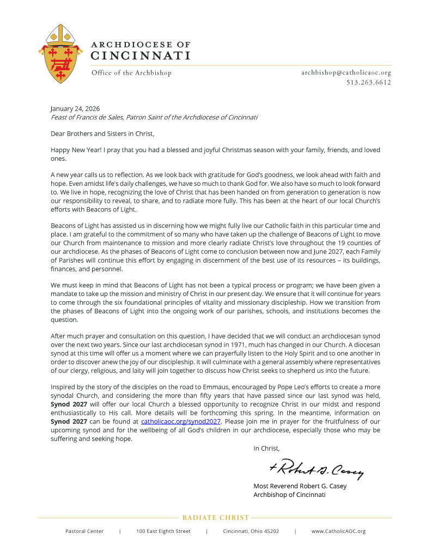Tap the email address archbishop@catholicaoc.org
pyautogui.click(x=346, y=72)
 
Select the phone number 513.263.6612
pyautogui.click(x=368, y=83)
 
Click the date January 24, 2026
pyautogui.click(x=75, y=108)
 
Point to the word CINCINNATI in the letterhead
pyautogui.click(x=140, y=56)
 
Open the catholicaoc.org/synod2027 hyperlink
pyautogui.click(x=180, y=421)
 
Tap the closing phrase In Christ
pyautogui.click(x=266, y=448)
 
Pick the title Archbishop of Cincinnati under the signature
pyautogui.click(x=289, y=495)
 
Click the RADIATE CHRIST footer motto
pyautogui.click(x=215, y=518)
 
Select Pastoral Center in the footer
pyautogui.click(x=84, y=531)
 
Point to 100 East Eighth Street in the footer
pyautogui.click(x=163, y=531)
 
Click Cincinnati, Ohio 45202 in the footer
pyautogui.click(x=251, y=531)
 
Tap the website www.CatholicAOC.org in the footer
pyautogui.click(x=338, y=531)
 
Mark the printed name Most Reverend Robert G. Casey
pyautogui.click(x=300, y=486)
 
